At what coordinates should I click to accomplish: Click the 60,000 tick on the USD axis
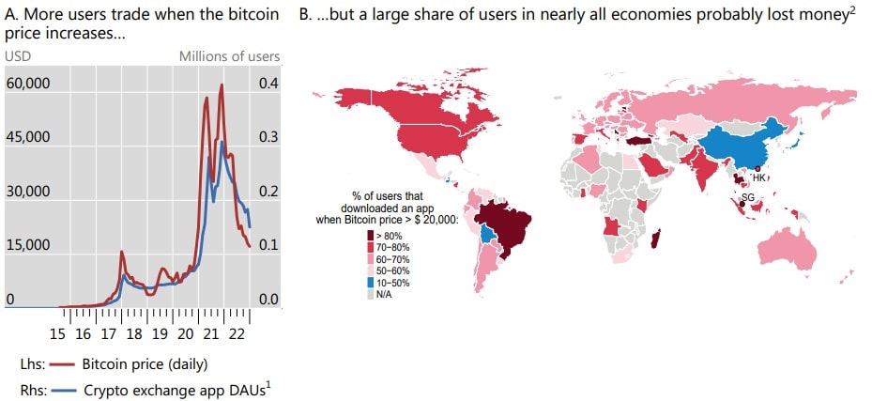28,83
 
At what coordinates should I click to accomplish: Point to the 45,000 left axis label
28,137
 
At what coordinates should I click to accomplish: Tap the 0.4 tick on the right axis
268,83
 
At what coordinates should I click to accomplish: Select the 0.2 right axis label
268,192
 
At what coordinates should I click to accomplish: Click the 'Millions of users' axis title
229,56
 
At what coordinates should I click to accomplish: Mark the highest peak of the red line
222,85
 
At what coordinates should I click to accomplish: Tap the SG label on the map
748,196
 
